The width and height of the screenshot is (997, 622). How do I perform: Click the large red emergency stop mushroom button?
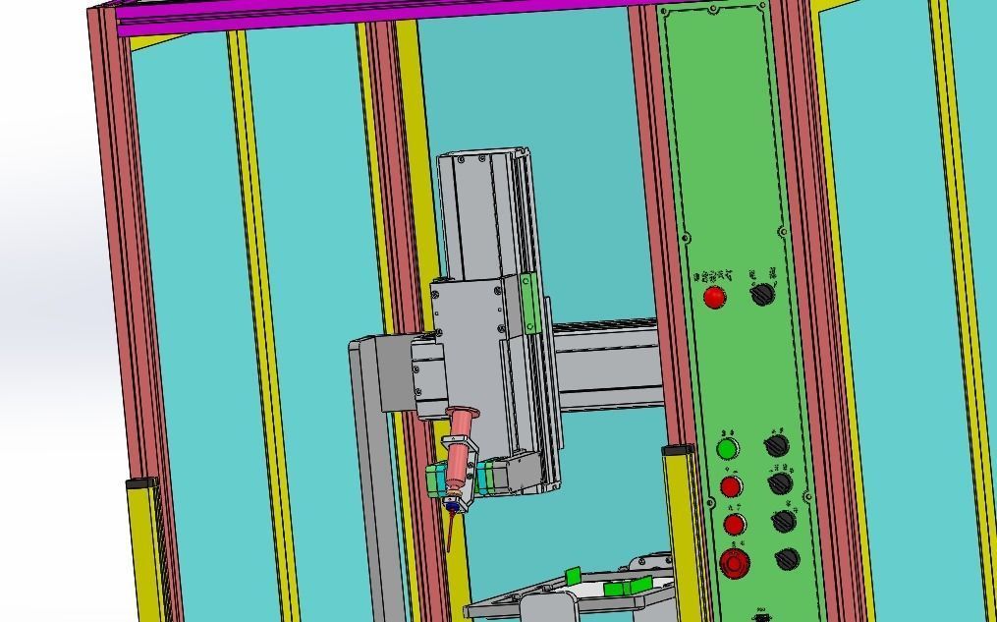pos(734,563)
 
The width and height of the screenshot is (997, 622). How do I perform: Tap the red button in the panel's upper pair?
pos(715,296)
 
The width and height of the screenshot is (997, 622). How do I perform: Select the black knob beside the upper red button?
pos(763,293)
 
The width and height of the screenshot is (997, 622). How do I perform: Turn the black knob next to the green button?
pos(776,445)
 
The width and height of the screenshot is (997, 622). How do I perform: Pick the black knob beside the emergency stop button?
pos(787,559)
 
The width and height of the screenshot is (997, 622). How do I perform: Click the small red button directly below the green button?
pos(731,486)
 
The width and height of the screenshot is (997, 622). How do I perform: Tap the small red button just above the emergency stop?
pos(734,524)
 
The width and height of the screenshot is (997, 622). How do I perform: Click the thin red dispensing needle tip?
pos(449,536)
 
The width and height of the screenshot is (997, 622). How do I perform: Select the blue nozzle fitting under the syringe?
pos(452,503)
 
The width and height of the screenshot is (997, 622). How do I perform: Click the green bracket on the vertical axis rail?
pos(529,305)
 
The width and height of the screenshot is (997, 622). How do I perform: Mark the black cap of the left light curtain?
pos(142,483)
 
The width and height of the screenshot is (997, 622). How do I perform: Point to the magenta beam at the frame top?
pos(373,16)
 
